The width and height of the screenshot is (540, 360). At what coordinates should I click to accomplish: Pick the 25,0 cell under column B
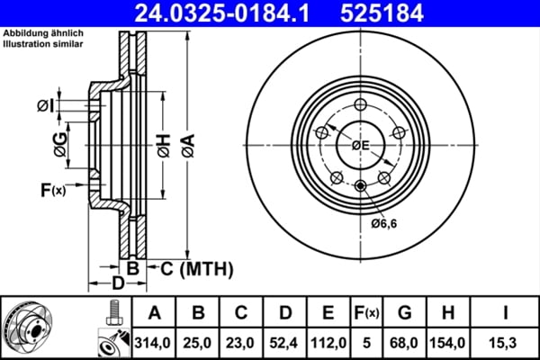198,342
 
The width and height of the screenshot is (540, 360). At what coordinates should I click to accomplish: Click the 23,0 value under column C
241,342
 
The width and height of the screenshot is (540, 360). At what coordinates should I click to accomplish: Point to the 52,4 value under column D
284,342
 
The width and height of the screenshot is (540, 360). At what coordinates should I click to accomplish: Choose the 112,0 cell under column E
328,342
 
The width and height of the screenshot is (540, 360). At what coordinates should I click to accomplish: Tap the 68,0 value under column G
405,342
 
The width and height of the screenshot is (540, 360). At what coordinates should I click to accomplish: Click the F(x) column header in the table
365,314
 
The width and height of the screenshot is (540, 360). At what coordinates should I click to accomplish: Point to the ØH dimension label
163,147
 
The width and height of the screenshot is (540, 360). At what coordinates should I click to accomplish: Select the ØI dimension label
46,107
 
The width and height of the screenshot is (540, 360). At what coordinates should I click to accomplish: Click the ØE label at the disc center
360,144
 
